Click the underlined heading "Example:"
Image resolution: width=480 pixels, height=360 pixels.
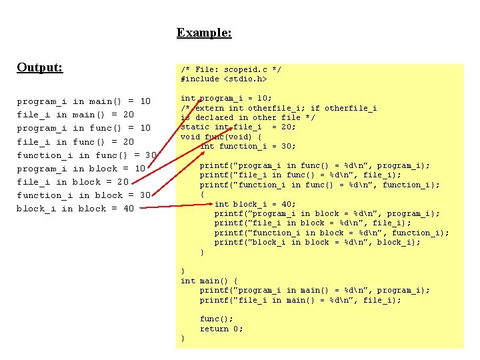click(204, 32)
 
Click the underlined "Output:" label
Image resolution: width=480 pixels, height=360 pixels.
click(40, 67)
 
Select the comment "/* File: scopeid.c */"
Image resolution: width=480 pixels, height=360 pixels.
click(231, 69)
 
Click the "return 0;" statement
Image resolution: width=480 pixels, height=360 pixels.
click(221, 329)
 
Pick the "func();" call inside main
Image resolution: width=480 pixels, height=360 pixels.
click(217, 319)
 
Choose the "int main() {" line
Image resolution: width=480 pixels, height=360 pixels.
click(209, 281)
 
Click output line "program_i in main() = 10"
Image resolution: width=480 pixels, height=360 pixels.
click(84, 101)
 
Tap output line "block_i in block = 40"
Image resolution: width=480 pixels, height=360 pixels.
click(75, 209)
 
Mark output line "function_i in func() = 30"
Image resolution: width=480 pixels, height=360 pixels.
click(87, 155)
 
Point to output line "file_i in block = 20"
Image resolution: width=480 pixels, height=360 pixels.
click(73, 182)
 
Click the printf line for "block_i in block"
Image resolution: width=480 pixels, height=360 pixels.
click(317, 243)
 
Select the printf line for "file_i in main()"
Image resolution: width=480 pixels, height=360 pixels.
click(301, 300)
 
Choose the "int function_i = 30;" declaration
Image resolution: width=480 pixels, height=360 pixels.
click(248, 146)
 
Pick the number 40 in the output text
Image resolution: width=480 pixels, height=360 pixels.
click(127, 209)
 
